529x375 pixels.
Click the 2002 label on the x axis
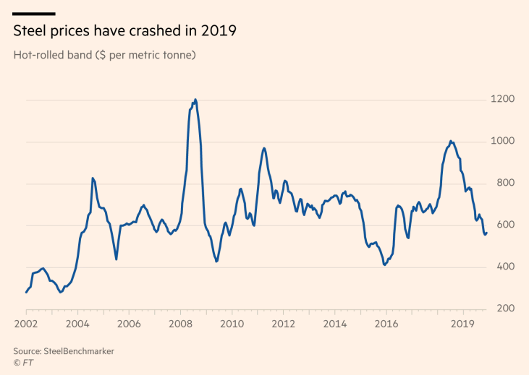[x=25, y=324]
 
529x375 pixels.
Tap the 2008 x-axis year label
[x=180, y=324]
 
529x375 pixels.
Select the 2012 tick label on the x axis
[x=284, y=324]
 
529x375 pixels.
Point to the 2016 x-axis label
[x=387, y=324]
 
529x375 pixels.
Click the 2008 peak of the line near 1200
[x=195, y=100]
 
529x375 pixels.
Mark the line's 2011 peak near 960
[x=264, y=148]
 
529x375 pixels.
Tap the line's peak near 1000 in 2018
[x=451, y=141]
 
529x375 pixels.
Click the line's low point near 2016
[x=385, y=265]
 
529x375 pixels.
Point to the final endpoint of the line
[x=487, y=232]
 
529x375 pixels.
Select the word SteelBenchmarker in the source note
[x=79, y=351]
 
